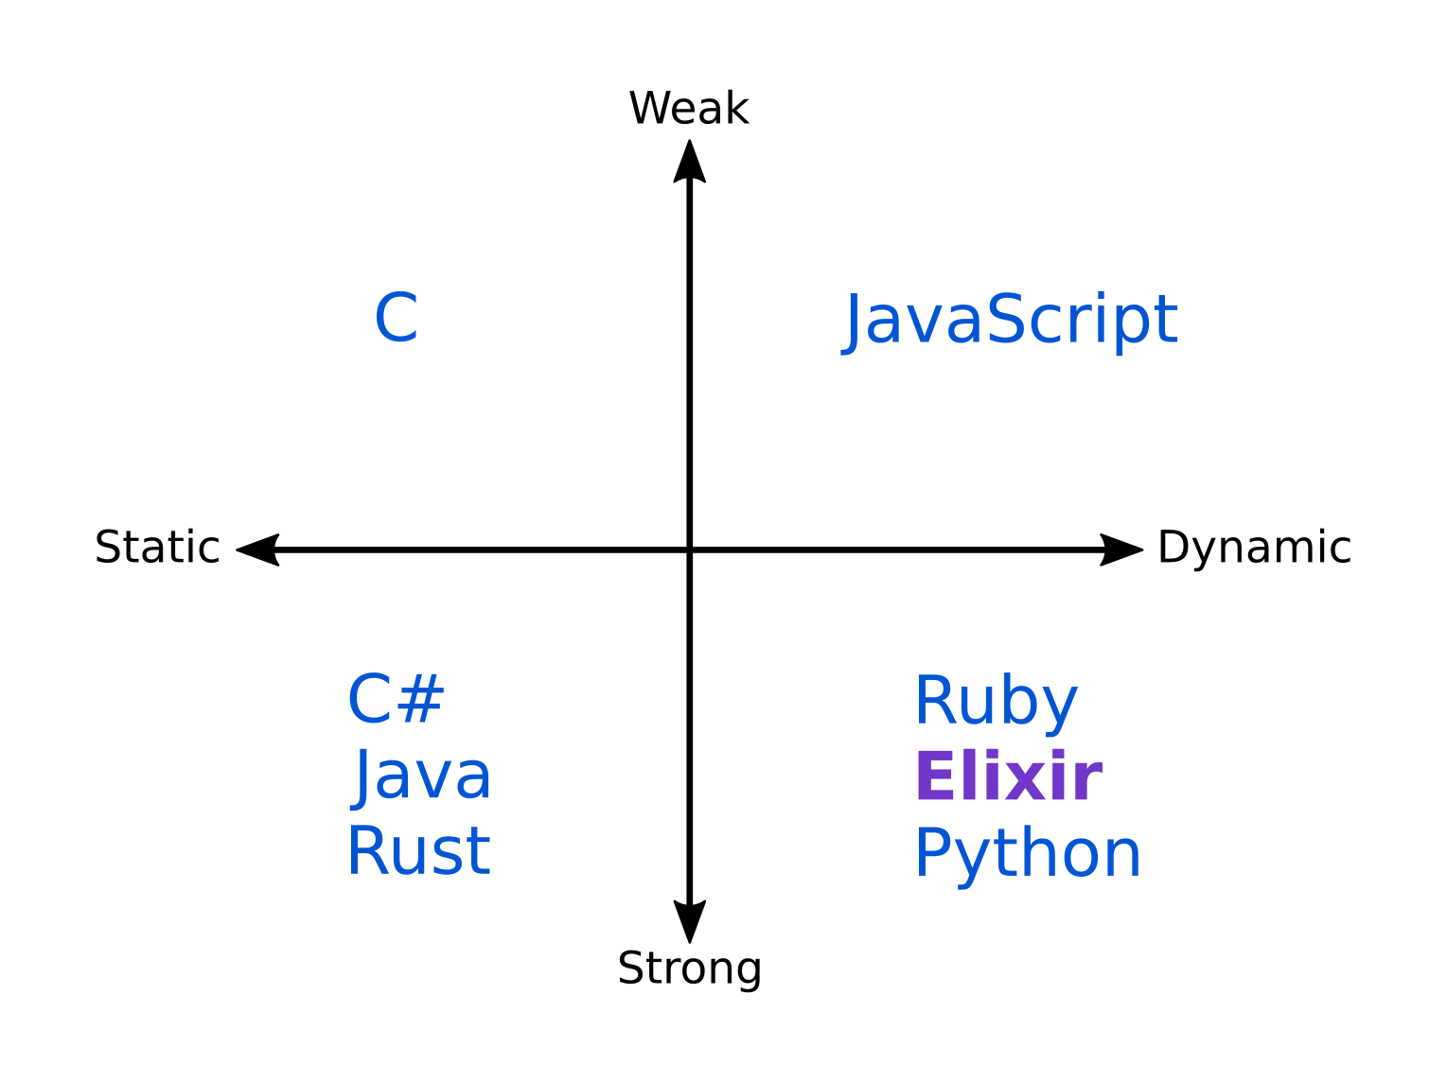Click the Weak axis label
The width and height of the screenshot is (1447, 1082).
click(x=688, y=109)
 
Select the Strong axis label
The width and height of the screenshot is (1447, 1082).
click(x=689, y=969)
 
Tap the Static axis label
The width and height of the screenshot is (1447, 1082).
click(x=157, y=548)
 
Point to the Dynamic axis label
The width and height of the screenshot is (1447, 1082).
click(x=1254, y=548)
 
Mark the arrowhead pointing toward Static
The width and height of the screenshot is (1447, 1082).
click(x=258, y=550)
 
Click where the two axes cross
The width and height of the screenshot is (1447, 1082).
click(x=689, y=550)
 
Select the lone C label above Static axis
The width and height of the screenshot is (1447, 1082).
click(x=397, y=319)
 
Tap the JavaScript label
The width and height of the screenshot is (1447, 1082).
click(x=1010, y=320)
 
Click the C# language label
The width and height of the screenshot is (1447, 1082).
click(x=397, y=700)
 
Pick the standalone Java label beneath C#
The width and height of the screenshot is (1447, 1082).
click(x=421, y=777)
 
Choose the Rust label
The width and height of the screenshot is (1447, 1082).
click(x=418, y=851)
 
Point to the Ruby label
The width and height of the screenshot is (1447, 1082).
click(x=996, y=702)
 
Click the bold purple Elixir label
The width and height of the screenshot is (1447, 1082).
click(x=1008, y=777)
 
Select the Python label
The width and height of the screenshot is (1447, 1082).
click(x=1028, y=854)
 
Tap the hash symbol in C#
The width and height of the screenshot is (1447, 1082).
click(x=421, y=700)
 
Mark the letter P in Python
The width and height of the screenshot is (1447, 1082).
click(x=932, y=853)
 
